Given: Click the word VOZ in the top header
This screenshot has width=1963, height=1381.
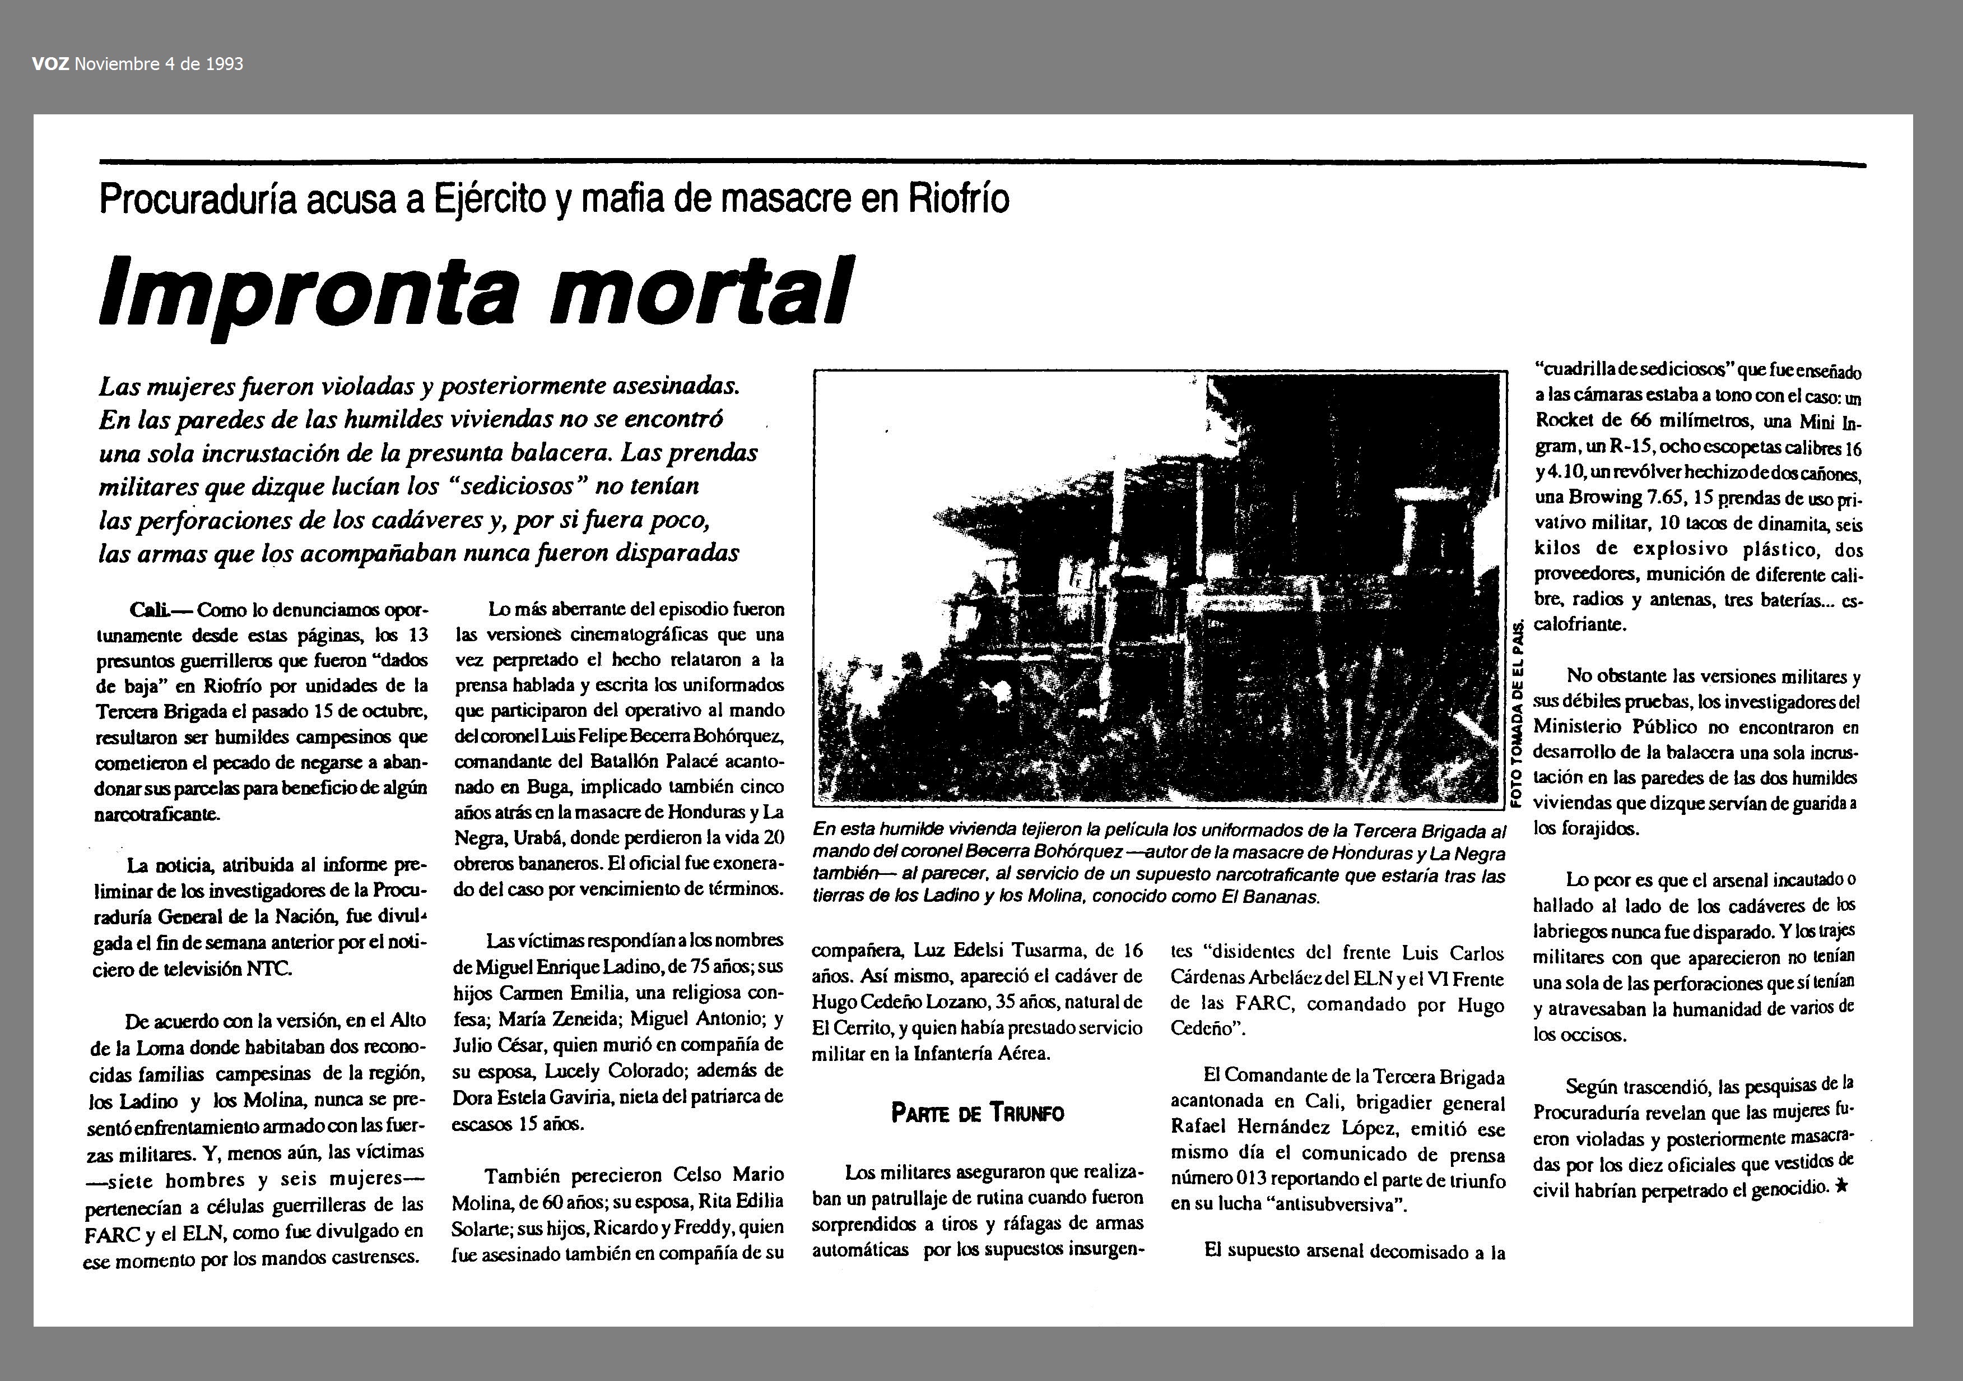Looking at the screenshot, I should pyautogui.click(x=50, y=64).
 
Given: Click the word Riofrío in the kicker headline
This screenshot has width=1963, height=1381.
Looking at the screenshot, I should pyautogui.click(x=957, y=199).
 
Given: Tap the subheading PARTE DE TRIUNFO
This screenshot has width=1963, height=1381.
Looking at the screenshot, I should pyautogui.click(x=977, y=1113).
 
